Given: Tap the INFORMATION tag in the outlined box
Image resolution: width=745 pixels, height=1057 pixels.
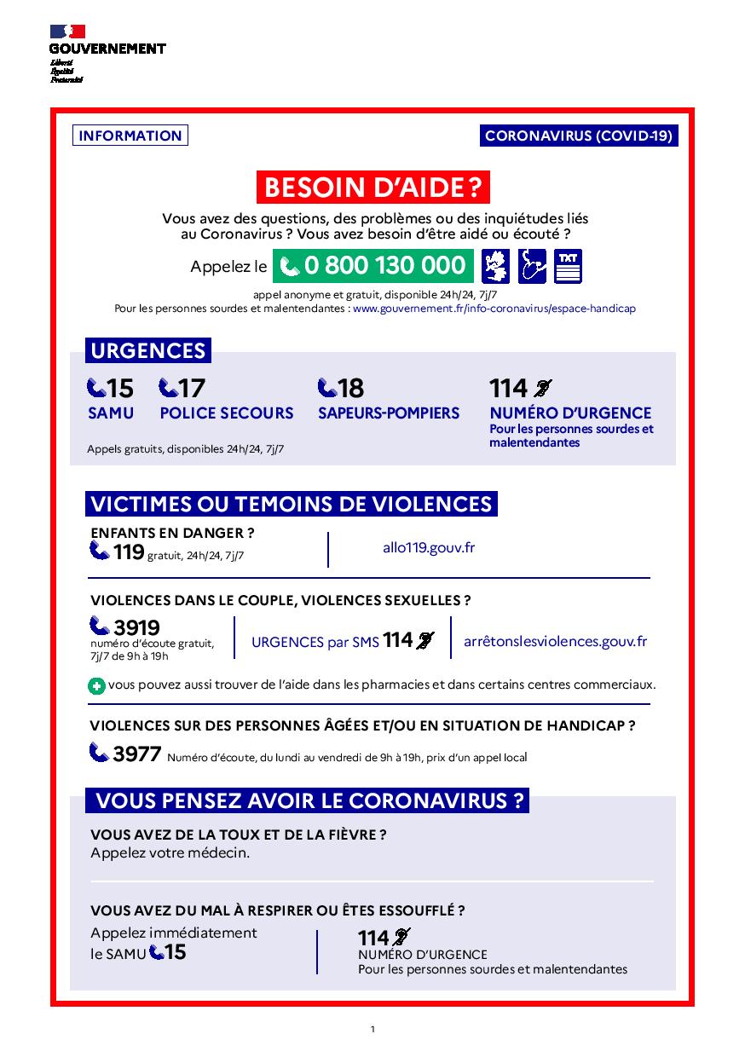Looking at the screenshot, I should [130, 136].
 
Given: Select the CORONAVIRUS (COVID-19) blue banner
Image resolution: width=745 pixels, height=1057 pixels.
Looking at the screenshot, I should [579, 136].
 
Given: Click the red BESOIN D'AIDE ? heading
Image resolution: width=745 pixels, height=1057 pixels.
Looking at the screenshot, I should [372, 187].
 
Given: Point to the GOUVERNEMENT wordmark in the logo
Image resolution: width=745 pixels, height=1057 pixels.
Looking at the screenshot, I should [107, 49].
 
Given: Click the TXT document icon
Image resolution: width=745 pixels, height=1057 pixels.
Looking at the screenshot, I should [568, 266].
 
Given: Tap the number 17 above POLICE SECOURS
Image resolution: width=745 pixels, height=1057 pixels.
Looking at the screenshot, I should [192, 389].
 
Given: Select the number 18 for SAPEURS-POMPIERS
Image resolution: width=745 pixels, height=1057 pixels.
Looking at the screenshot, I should [350, 389].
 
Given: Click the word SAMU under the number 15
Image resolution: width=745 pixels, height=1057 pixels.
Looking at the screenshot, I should [111, 413].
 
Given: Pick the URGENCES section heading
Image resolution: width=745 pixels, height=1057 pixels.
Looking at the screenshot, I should [148, 350].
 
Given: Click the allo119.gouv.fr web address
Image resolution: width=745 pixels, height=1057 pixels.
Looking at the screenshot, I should [429, 547].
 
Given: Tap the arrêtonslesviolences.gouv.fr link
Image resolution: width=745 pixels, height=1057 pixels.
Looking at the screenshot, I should [555, 641].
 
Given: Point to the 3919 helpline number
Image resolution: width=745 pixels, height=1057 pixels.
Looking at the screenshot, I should [136, 628].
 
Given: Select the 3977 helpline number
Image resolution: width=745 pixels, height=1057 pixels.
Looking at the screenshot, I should [136, 754].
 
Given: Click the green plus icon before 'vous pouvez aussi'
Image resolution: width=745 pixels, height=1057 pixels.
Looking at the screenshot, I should [97, 685].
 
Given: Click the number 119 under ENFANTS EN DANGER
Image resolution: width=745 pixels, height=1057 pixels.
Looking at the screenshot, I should [128, 552].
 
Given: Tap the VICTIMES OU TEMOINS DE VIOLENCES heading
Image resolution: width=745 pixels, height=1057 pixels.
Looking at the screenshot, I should [291, 504].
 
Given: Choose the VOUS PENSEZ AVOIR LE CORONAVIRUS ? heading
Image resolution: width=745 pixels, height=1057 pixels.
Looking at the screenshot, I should [309, 800].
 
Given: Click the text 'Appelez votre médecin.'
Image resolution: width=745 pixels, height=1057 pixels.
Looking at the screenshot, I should [170, 852].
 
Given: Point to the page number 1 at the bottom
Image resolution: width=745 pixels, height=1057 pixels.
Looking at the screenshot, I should [372, 1030].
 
